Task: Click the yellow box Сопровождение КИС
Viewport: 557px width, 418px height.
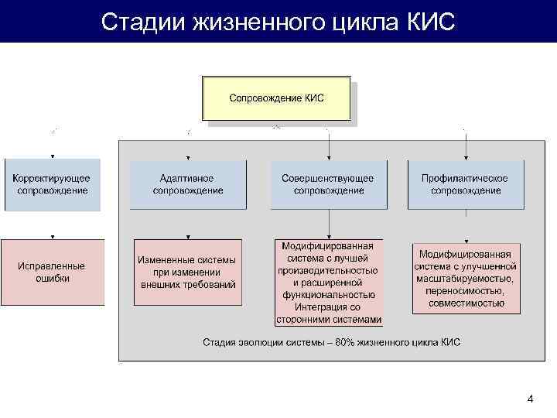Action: (x=276, y=98)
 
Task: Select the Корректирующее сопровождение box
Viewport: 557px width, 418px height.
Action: (x=52, y=184)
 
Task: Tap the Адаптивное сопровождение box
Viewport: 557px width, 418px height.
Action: (x=187, y=184)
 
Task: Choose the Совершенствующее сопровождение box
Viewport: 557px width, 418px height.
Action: (x=328, y=184)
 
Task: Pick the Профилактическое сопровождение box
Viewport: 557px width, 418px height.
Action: (x=465, y=184)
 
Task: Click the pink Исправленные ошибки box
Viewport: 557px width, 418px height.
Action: (x=52, y=272)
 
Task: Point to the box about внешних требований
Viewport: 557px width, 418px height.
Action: (x=187, y=272)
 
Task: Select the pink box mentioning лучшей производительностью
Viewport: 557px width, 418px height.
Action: (x=328, y=283)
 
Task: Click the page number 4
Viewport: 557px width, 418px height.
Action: (x=530, y=399)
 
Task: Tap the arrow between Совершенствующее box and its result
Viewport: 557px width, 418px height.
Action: (x=329, y=224)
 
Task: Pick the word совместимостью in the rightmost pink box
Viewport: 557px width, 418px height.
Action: (x=465, y=303)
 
